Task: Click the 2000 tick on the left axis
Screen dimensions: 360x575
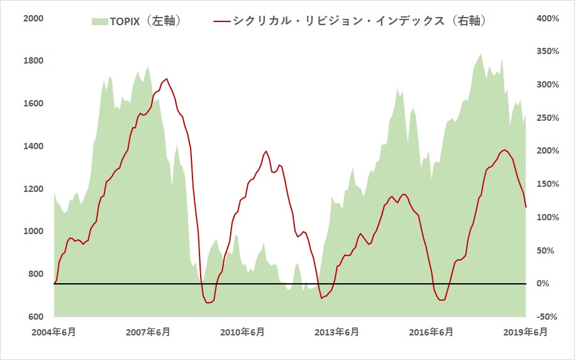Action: coord(33,19)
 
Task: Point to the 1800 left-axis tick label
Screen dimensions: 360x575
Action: coord(33,61)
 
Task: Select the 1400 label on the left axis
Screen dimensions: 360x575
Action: coord(33,146)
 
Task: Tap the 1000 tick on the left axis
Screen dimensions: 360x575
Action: coord(33,231)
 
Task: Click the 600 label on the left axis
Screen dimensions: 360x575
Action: coord(35,316)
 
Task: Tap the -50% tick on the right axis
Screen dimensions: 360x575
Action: coord(546,317)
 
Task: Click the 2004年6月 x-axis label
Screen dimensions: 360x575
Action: coord(54,332)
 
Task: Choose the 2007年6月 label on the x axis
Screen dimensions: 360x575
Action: coord(148,332)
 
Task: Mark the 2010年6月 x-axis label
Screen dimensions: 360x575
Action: coord(243,332)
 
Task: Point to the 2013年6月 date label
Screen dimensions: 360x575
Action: coord(337,332)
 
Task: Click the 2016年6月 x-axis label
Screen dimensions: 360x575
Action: coord(432,332)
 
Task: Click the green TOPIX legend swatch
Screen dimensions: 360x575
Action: coord(99,21)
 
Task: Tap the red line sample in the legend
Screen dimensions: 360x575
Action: coord(221,21)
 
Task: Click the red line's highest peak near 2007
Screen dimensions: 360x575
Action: coord(167,79)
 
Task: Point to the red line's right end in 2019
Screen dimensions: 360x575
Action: coord(526,207)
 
